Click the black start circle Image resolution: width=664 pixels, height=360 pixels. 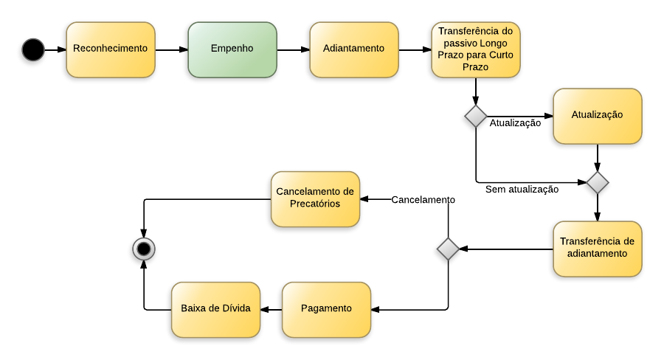pos(33,49)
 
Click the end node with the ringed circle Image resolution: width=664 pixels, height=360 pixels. pos(144,249)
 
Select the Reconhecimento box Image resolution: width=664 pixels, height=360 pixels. pos(111,49)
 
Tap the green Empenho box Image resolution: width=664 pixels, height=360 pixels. pos(232,49)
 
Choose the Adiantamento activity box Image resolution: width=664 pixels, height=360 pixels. pos(354,49)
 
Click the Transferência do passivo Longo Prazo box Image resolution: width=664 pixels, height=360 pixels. pos(476,49)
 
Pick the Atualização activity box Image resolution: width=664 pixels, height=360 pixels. pos(598,116)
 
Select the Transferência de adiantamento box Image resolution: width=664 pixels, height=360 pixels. pos(598,249)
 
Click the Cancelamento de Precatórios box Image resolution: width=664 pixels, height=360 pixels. pos(315,198)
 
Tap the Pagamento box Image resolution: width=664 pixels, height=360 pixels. pos(326,309)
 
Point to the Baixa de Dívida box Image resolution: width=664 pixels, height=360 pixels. pos(216,309)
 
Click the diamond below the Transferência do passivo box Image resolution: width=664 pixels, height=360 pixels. pos(476,116)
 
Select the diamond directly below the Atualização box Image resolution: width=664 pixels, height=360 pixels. pos(598,182)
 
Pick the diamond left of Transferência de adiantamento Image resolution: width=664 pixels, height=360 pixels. pos(448,249)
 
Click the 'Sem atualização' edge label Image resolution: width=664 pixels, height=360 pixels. pos(522,190)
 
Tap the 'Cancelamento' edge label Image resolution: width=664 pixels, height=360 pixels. pos(423,200)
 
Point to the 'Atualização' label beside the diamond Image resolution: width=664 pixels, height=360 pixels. pos(515,123)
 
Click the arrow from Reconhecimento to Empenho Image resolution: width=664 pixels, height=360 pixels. pos(171,50)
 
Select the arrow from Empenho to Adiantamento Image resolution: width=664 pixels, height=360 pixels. pos(293,50)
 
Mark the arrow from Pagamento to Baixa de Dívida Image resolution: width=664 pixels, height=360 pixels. pos(271,310)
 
